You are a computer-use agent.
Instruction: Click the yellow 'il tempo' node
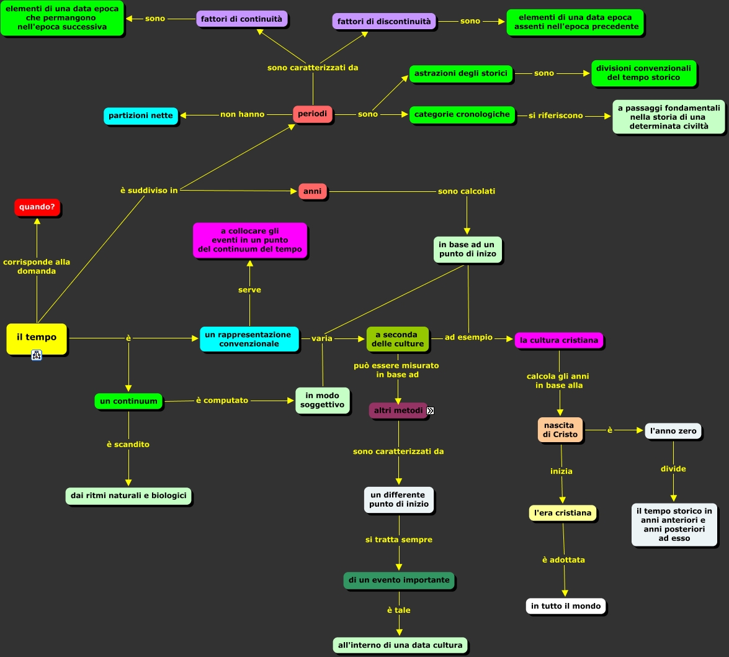point(36,338)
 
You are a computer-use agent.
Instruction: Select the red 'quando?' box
point(37,207)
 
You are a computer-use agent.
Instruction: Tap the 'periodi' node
point(312,114)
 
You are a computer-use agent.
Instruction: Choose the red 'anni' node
point(312,191)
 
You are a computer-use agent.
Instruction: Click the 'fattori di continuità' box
point(241,19)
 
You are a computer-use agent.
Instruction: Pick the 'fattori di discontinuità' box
point(383,21)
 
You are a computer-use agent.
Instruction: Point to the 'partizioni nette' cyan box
point(141,116)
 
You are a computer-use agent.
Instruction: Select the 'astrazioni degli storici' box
point(460,73)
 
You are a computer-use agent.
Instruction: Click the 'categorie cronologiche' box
point(462,114)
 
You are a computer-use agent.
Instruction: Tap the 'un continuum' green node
point(128,401)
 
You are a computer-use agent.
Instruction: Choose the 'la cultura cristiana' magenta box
point(559,340)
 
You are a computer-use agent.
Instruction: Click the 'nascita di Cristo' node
point(560,430)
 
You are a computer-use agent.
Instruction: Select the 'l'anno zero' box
point(673,431)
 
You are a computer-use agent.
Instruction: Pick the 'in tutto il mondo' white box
point(565,606)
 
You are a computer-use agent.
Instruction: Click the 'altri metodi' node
point(398,410)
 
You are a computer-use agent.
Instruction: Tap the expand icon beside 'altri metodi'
point(430,410)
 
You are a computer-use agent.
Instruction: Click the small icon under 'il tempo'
point(37,355)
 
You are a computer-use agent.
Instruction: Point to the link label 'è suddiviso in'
point(149,190)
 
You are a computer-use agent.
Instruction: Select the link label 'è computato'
point(222,401)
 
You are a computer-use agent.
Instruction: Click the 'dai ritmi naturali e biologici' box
point(128,496)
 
